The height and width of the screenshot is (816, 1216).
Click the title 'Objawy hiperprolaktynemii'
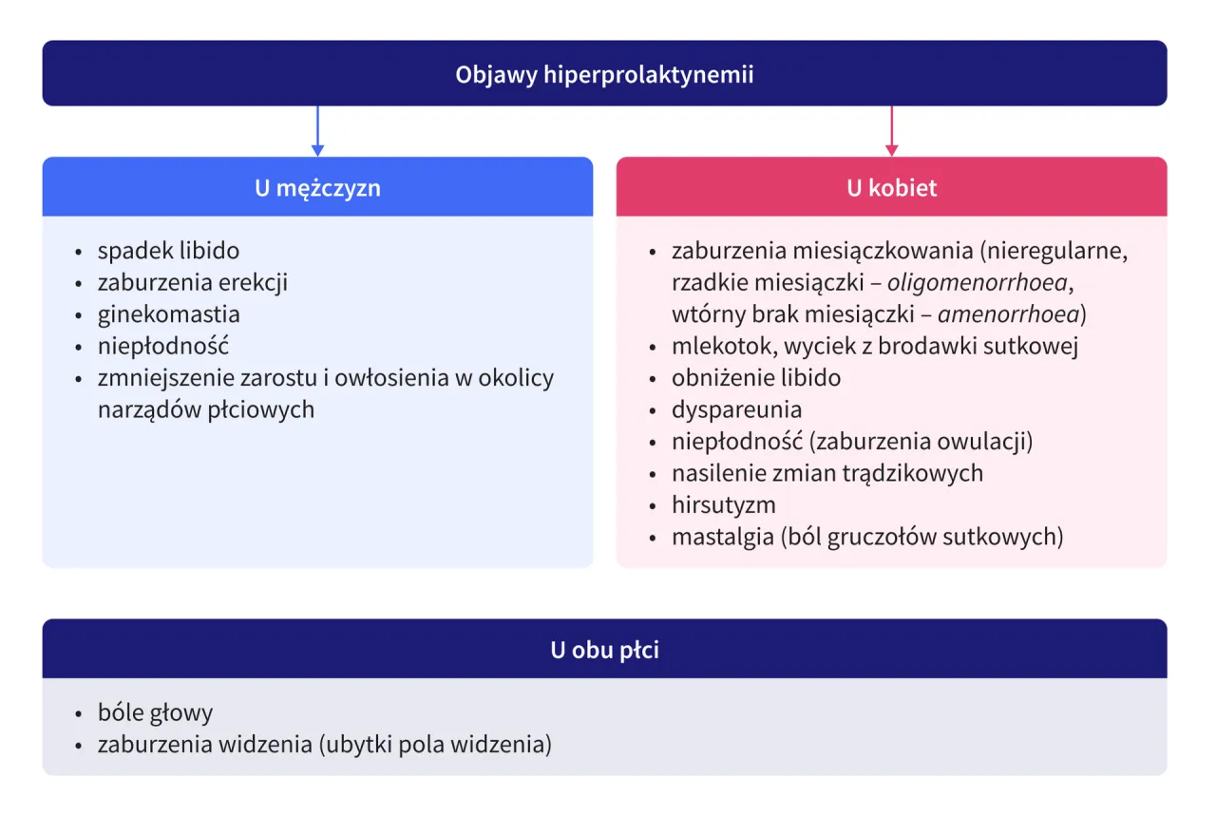point(604,74)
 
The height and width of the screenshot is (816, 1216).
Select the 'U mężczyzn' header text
point(317,187)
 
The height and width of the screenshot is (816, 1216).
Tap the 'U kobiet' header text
point(891,187)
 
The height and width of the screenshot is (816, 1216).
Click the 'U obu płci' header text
point(604,650)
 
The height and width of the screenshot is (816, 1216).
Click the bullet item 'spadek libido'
point(168,251)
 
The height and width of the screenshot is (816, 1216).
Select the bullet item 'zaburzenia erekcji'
point(192,282)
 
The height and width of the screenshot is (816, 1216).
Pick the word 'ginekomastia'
point(168,314)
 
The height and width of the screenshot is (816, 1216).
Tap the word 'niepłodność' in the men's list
point(162,346)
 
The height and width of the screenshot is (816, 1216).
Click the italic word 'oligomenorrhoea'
point(970,283)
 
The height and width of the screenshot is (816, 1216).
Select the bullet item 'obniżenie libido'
point(755,378)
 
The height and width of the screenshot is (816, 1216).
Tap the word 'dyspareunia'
point(736,409)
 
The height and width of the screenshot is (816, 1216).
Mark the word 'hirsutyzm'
point(723,504)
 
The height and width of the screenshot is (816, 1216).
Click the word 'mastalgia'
point(722,537)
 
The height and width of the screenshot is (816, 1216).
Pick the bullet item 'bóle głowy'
point(155,712)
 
